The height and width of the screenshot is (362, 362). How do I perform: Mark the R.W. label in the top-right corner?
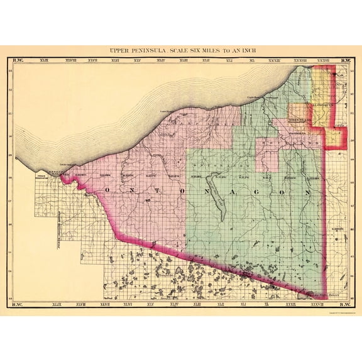click(x=345, y=61)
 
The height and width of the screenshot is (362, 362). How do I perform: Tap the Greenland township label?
click(x=301, y=118)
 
